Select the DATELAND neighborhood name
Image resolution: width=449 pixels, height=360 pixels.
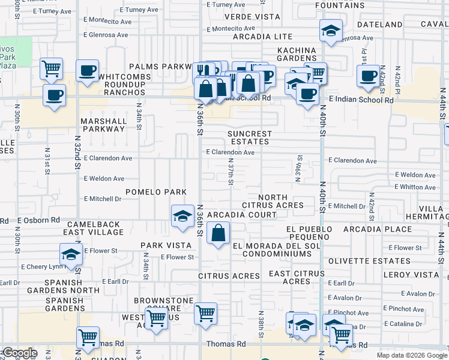(379, 25)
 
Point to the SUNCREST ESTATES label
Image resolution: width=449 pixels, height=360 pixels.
(250, 138)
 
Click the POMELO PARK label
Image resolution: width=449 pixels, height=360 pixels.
(155, 192)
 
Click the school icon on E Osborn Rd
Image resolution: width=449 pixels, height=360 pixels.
(182, 216)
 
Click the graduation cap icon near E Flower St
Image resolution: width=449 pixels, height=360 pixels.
(71, 254)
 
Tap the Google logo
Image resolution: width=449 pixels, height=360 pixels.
(20, 353)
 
